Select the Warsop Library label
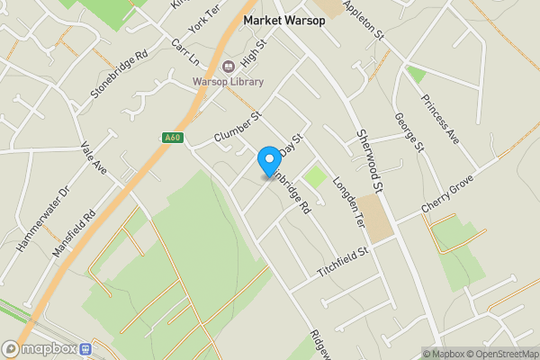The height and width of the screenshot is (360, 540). (x=229, y=82)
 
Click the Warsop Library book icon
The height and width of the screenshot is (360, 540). (x=229, y=66)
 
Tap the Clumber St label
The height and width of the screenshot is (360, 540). (x=237, y=128)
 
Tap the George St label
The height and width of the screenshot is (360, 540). (x=408, y=132)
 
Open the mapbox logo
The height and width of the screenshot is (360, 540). (x=40, y=349)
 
